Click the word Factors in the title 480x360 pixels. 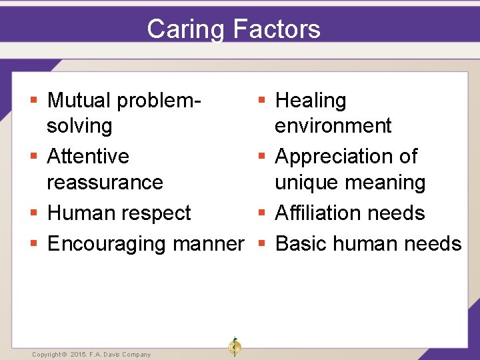277,29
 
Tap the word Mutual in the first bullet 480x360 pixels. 79,101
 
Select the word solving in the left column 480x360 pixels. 79,126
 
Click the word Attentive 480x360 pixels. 88,156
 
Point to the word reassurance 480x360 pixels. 105,182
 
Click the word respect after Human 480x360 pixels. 160,213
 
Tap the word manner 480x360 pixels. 209,244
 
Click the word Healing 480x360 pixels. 311,101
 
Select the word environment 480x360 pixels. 333,125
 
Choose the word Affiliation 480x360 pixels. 321,213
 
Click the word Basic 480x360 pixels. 301,244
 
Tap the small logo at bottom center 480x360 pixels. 234,347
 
